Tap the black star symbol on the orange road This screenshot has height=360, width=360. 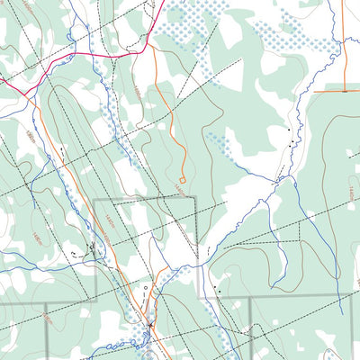pyautogui.click(x=149, y=324)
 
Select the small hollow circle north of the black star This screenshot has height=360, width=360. pyautogui.click(x=146, y=288)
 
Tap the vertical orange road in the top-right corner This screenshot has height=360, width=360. pyautogui.click(x=346, y=45)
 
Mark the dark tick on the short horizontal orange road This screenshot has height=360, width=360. pyautogui.click(x=344, y=91)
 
